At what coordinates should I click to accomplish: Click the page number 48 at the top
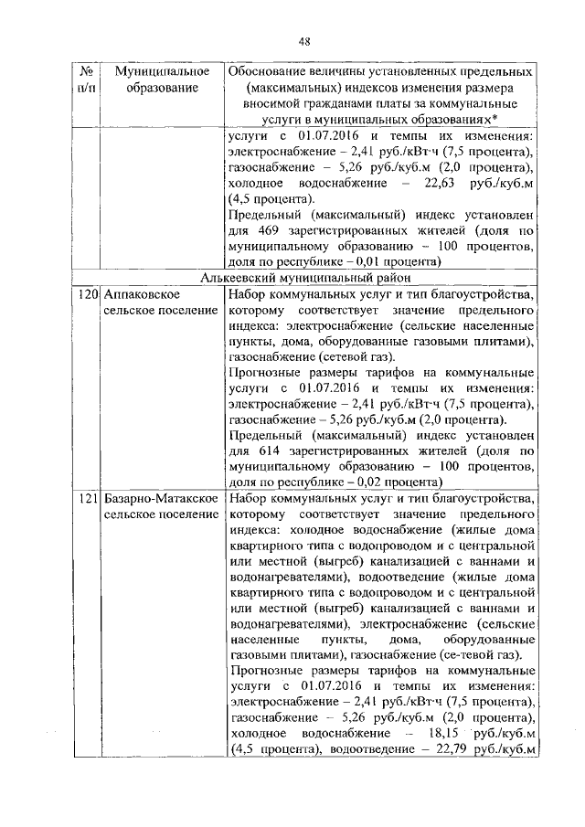305,39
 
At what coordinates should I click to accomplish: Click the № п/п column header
87,79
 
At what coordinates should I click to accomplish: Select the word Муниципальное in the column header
152,70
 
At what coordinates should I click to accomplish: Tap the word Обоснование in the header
271,70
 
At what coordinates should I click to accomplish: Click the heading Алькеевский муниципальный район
303,278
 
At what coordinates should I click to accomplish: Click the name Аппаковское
141,295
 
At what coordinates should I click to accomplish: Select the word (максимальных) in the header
294,88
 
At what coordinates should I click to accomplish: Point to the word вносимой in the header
271,104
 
